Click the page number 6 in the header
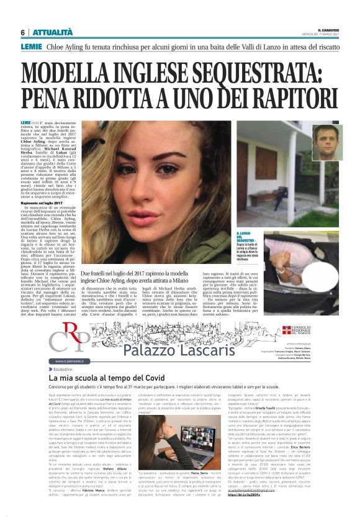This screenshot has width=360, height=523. click(x=22, y=32)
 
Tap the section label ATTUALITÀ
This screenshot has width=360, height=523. click(x=52, y=32)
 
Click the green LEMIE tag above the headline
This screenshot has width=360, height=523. click(x=31, y=47)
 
